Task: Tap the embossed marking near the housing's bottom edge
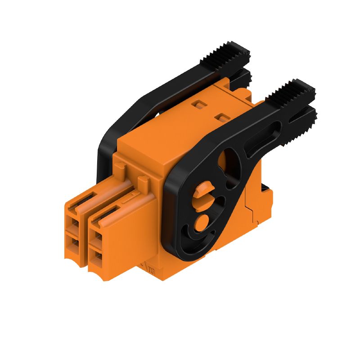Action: pyautogui.click(x=151, y=269)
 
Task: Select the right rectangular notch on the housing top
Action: pyautogui.click(x=220, y=117)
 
